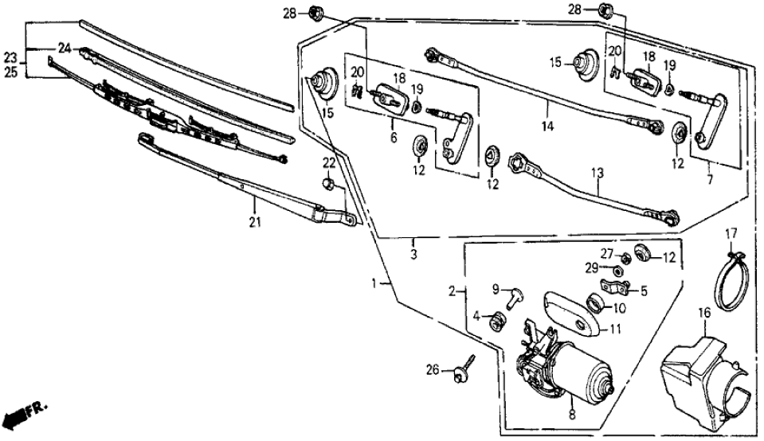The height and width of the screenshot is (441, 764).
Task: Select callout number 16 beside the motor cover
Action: tap(703, 314)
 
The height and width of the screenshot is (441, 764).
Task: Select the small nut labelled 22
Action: tap(328, 185)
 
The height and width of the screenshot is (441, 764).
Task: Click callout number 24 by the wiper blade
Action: tap(63, 49)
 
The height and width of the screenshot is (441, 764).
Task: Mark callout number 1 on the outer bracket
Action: tap(375, 283)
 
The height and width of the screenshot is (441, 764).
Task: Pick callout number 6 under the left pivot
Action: tap(393, 138)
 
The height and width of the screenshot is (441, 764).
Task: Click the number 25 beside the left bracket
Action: tap(10, 71)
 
